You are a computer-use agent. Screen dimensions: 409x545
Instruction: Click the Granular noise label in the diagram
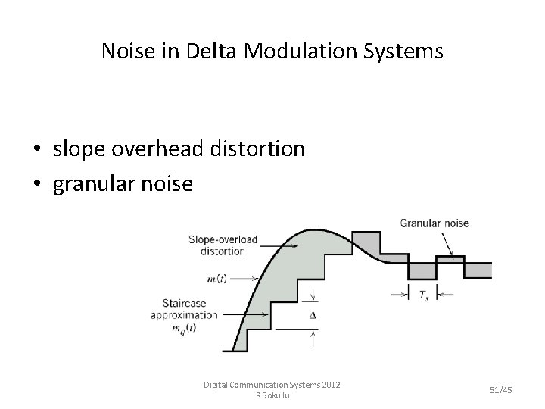[434, 223]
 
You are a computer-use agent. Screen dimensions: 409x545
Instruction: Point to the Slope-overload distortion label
[223, 245]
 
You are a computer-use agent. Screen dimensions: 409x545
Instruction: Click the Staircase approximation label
[186, 309]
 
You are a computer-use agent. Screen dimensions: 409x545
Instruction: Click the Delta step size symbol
[313, 314]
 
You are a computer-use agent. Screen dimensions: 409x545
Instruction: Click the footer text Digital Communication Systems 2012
[272, 385]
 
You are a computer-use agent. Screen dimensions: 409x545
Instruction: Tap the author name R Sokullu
[272, 395]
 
